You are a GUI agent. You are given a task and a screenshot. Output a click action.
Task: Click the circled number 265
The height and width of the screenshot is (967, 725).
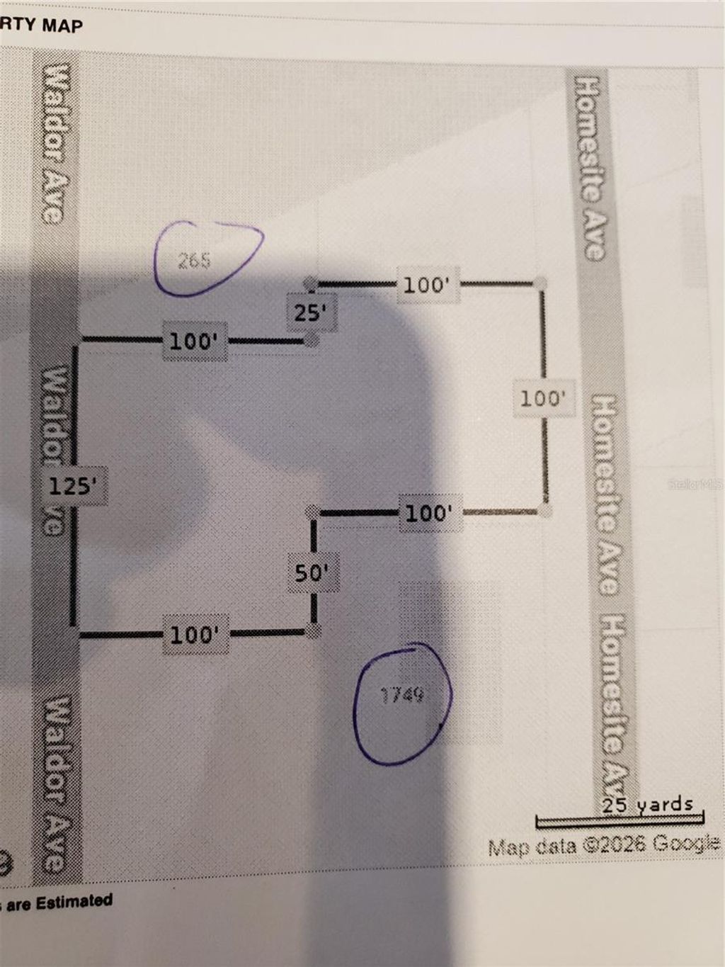click(194, 261)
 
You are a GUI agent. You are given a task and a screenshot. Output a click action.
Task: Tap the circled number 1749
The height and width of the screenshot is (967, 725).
click(402, 696)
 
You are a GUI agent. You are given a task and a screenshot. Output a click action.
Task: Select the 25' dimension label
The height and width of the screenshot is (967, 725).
click(310, 312)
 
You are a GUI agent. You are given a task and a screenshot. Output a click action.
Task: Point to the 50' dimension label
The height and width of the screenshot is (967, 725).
click(312, 572)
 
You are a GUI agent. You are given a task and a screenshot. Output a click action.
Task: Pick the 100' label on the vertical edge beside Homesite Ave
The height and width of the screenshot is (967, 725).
click(543, 398)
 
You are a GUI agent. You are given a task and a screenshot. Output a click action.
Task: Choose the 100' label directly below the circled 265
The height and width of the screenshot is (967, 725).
click(193, 341)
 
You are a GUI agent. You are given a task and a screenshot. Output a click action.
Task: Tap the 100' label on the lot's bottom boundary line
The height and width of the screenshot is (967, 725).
click(193, 634)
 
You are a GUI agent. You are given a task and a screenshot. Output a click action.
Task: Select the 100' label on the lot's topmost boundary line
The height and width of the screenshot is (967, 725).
click(426, 285)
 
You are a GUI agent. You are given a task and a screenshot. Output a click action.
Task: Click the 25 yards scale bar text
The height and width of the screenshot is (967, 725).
click(647, 805)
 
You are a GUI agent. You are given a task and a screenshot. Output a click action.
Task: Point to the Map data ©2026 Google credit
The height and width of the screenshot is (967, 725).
click(604, 844)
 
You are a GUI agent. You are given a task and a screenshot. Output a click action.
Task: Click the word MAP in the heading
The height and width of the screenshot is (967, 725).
click(62, 26)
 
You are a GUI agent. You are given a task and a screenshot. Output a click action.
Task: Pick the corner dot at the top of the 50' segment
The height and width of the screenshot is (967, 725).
click(312, 511)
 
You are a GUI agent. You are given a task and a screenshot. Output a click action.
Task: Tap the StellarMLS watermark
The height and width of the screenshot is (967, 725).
click(697, 485)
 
